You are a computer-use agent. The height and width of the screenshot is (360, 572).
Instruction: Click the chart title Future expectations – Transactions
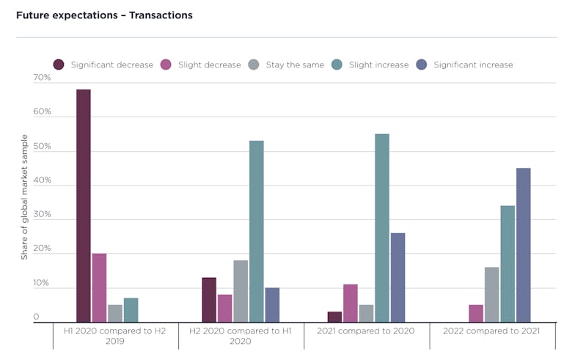[x=104, y=15]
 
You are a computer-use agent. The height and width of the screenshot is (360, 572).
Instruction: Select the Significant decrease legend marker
[x=59, y=65]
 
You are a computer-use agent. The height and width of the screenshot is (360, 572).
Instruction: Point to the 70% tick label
[x=42, y=77]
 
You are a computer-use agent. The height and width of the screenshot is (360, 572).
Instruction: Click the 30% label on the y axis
[x=42, y=214]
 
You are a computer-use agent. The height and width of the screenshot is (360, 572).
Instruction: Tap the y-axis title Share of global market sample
[x=24, y=196]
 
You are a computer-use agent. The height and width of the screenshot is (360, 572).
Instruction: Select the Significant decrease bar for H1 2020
[x=83, y=206]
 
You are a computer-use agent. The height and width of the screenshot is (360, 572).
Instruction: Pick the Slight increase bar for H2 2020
[x=256, y=232]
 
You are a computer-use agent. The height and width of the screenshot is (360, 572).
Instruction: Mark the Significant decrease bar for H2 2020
[x=209, y=300]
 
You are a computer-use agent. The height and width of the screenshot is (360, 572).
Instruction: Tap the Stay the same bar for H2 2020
[x=241, y=291]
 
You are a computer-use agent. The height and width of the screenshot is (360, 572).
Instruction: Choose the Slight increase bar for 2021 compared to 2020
[x=381, y=228]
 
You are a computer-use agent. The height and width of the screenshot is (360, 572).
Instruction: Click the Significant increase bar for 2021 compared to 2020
[x=397, y=278]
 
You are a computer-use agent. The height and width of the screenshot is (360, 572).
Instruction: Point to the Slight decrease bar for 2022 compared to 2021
[x=476, y=313]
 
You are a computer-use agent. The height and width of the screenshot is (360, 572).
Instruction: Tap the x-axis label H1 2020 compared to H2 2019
[x=114, y=336]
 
